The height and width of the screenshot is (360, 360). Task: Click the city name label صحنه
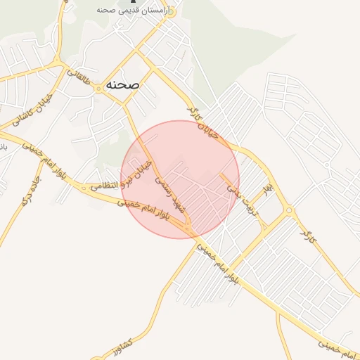pyautogui.click(x=122, y=84)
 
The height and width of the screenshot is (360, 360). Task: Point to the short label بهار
pyautogui.click(x=266, y=190)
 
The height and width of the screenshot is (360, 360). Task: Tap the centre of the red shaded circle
pyautogui.click(x=179, y=179)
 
